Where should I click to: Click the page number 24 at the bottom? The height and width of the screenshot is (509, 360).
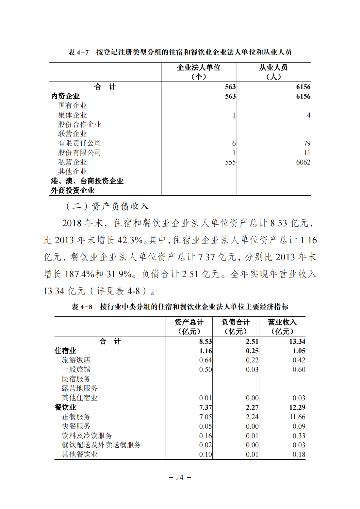pos(180,477)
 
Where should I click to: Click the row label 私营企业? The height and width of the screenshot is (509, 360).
pos(73,162)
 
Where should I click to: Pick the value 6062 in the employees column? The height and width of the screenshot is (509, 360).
pos(303,162)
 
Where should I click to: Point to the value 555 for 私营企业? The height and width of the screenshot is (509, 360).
pos(230,162)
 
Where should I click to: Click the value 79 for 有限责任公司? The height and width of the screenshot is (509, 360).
pos(307,143)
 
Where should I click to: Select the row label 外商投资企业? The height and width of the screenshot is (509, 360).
pos(73,190)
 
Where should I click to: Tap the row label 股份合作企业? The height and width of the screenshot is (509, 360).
pos(80,124)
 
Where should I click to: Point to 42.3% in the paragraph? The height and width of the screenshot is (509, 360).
pos(130,240)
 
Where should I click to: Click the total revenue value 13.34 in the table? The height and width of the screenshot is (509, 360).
pos(297,342)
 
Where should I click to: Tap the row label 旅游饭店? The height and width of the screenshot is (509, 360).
pos(76,360)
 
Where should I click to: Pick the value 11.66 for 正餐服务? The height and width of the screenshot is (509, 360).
pos(297,417)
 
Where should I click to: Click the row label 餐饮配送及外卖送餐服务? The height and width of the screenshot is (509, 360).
pos(101,445)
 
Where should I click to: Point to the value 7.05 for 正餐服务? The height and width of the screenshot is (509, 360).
pos(205,417)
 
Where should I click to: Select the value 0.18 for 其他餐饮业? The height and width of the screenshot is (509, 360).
pos(299,454)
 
